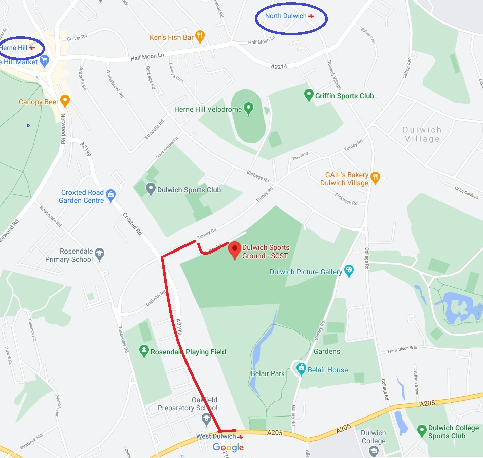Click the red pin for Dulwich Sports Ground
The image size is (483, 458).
[x=234, y=249]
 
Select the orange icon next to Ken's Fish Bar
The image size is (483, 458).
[x=200, y=36]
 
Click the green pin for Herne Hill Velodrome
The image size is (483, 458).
[x=248, y=108]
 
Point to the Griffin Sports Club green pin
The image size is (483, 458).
[x=308, y=95]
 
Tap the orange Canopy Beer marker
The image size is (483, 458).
[x=64, y=101]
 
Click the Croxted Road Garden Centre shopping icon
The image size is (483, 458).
[x=111, y=193]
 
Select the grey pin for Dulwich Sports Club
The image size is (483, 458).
[x=150, y=189]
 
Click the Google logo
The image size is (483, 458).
[x=228, y=447]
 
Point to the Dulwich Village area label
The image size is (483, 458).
[x=422, y=134]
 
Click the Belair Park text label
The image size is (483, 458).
[x=268, y=373]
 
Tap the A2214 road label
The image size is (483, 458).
[x=279, y=66]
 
